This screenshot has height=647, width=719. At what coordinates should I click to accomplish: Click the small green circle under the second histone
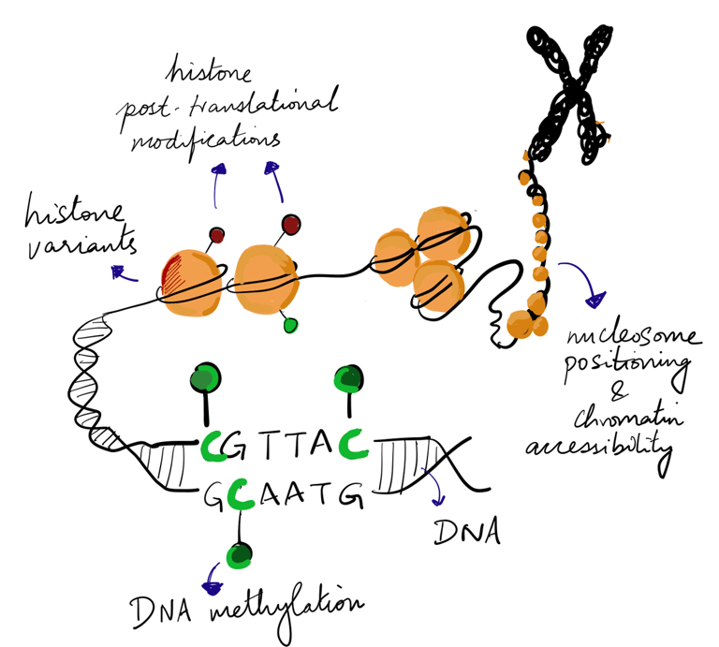291,324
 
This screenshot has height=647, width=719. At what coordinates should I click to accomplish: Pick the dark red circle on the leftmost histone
216,235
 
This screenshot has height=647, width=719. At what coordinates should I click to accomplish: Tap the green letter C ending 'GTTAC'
354,443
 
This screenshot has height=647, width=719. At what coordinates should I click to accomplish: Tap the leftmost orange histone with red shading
191,278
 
